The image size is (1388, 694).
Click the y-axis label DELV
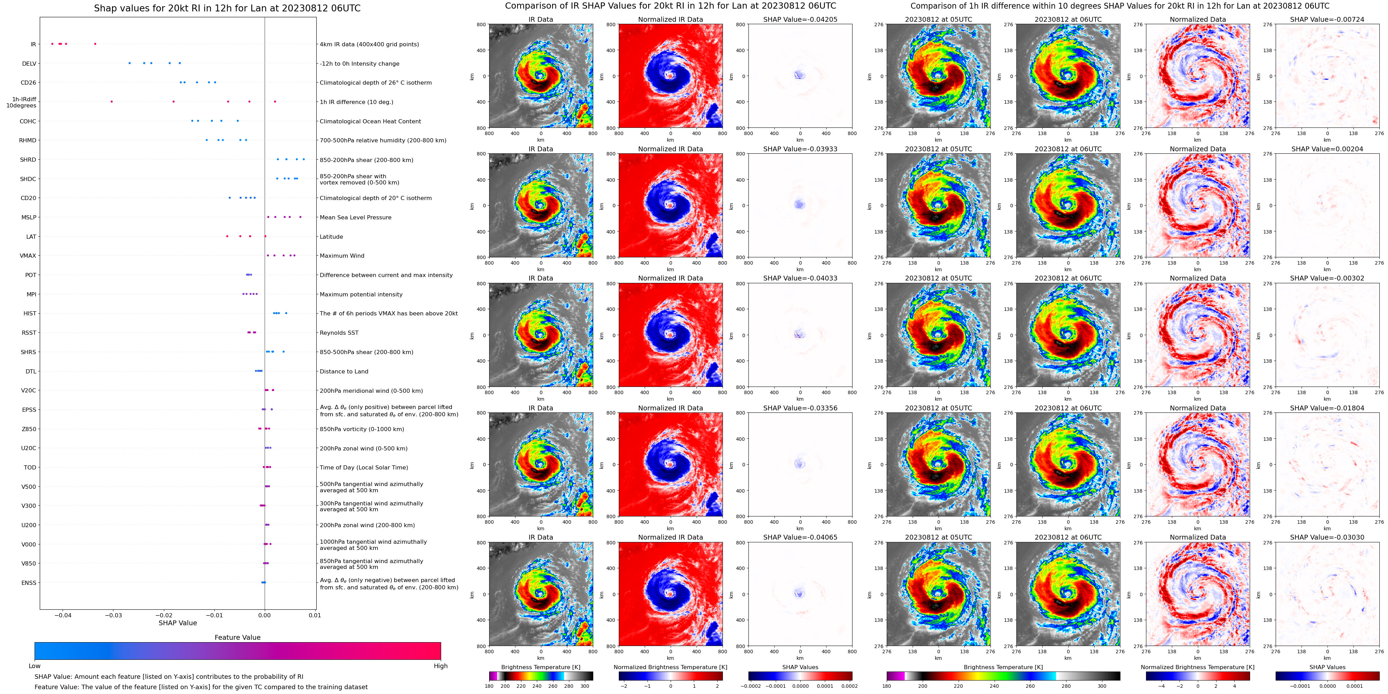[x=29, y=64]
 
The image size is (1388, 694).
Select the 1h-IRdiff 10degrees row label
[x=21, y=102]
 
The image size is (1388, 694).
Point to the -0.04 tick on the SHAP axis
[x=63, y=615]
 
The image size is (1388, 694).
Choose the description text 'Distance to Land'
[x=344, y=371]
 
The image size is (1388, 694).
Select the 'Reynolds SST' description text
[x=339, y=333]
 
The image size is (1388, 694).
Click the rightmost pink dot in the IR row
[x=95, y=44]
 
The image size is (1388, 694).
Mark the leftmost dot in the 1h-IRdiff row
[x=112, y=102]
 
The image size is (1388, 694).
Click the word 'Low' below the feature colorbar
[x=35, y=666]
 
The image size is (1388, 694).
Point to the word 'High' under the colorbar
[x=441, y=666]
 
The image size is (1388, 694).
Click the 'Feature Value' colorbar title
[x=237, y=637]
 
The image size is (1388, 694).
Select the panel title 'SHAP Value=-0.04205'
[x=800, y=19]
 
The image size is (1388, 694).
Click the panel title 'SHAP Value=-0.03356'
[x=800, y=408]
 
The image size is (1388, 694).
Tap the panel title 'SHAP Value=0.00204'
[x=1327, y=149]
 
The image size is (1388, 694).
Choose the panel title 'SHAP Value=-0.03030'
[x=1327, y=537]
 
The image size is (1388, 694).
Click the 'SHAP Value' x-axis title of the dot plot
[x=178, y=623]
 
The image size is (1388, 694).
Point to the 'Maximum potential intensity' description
[x=361, y=295]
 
